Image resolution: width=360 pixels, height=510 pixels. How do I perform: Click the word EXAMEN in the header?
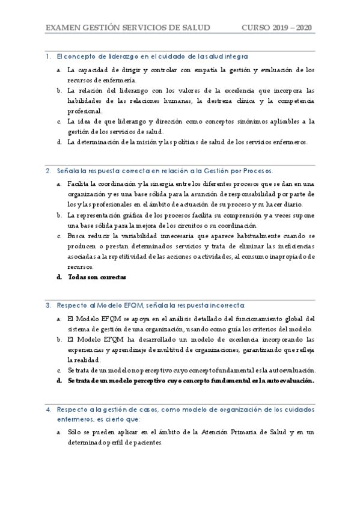point(63,28)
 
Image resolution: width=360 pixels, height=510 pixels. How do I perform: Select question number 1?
point(47,57)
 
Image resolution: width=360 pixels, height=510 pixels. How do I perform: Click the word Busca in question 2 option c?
point(77,235)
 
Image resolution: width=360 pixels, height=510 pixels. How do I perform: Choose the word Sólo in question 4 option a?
point(75,432)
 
